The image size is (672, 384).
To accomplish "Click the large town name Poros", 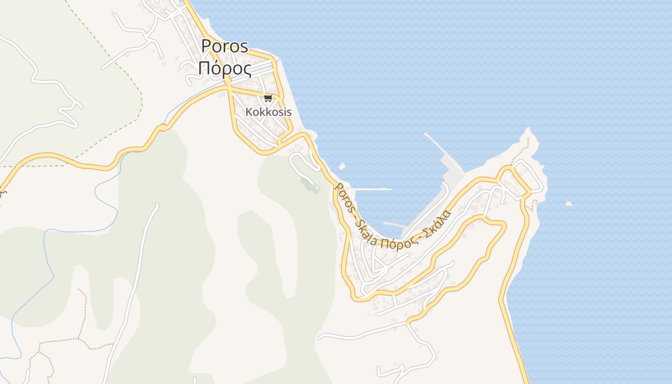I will [225, 46].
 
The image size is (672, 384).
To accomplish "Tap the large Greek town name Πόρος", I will [225, 69].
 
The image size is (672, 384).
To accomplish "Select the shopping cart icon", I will [268, 98].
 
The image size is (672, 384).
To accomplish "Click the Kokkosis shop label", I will [268, 112].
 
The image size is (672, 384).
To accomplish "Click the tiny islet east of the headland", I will [569, 204].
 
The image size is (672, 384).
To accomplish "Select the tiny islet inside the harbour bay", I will [342, 167].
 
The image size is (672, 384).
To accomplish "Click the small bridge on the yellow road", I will [162, 128].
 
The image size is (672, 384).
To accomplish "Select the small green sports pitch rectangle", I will [311, 185].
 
